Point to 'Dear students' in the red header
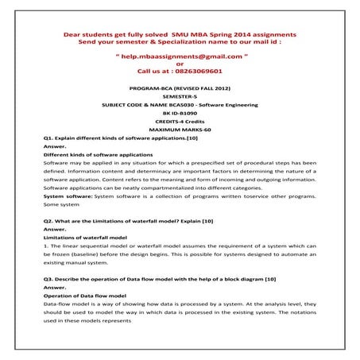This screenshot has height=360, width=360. (83, 36)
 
